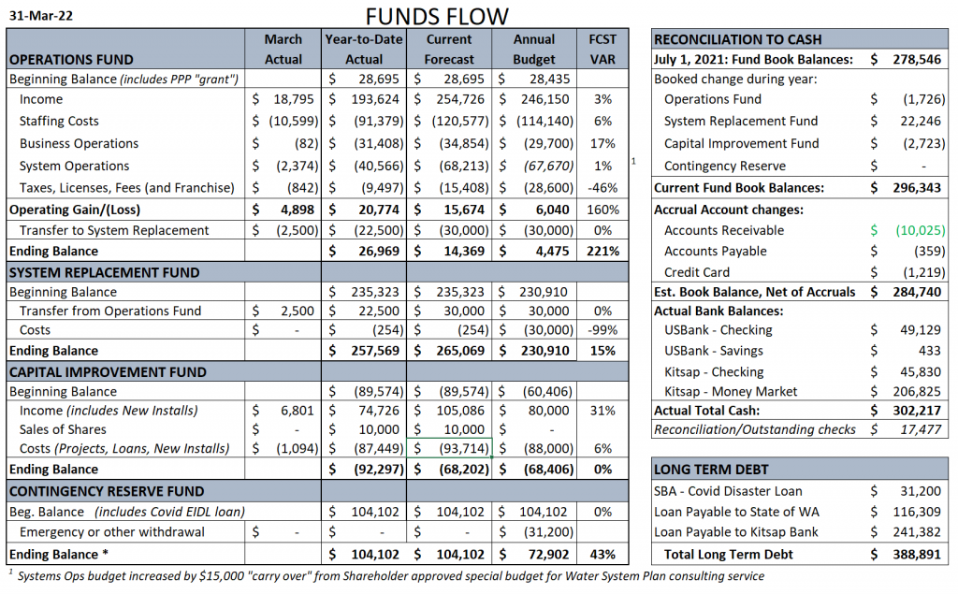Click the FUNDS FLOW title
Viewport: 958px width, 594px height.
point(436,16)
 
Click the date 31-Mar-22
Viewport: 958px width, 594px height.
point(41,16)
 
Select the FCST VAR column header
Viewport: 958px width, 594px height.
point(602,49)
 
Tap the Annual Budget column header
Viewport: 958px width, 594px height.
point(534,49)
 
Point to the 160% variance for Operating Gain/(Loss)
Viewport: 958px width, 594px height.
point(602,210)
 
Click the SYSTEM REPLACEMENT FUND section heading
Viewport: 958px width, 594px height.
point(105,272)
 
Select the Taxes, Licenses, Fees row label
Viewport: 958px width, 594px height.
point(126,188)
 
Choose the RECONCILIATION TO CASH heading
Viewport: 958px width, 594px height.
point(737,39)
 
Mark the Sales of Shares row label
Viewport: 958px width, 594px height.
point(63,429)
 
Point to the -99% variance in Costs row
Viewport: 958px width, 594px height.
point(602,330)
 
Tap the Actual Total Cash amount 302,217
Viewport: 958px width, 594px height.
point(917,410)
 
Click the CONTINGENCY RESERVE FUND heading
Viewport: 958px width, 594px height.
point(107,491)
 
